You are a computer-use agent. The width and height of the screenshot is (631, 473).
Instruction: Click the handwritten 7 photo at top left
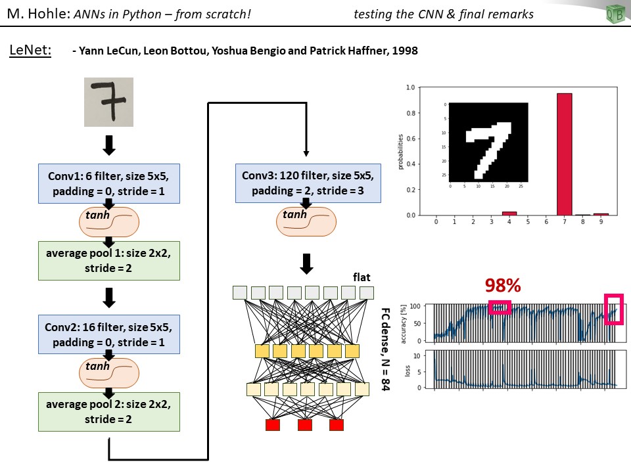[108, 102]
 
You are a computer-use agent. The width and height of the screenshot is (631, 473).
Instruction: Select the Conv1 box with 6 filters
[109, 183]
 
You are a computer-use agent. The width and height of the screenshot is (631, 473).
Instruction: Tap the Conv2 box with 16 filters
[109, 334]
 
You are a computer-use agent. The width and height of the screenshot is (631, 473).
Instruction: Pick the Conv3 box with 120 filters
[307, 183]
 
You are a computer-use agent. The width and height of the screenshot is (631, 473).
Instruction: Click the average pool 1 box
[109, 260]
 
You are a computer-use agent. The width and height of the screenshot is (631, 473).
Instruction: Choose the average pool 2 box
[109, 411]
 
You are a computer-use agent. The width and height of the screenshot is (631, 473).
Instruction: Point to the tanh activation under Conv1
[110, 222]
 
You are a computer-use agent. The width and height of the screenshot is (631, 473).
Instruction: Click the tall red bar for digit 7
[564, 154]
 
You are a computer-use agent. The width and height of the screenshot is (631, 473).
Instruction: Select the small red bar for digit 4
[509, 213]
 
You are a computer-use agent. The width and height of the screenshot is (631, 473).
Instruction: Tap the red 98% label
[503, 285]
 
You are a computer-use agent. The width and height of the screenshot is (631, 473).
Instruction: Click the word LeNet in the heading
[30, 51]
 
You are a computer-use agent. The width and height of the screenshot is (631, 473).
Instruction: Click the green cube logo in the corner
[615, 14]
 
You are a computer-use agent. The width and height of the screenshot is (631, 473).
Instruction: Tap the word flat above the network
[362, 277]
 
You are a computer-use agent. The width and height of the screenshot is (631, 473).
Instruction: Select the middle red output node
[305, 425]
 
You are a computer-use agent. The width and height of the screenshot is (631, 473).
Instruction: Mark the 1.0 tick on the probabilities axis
[410, 87]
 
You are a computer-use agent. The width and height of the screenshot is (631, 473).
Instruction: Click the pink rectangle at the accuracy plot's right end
[613, 309]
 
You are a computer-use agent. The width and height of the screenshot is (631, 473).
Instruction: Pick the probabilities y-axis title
[400, 151]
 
